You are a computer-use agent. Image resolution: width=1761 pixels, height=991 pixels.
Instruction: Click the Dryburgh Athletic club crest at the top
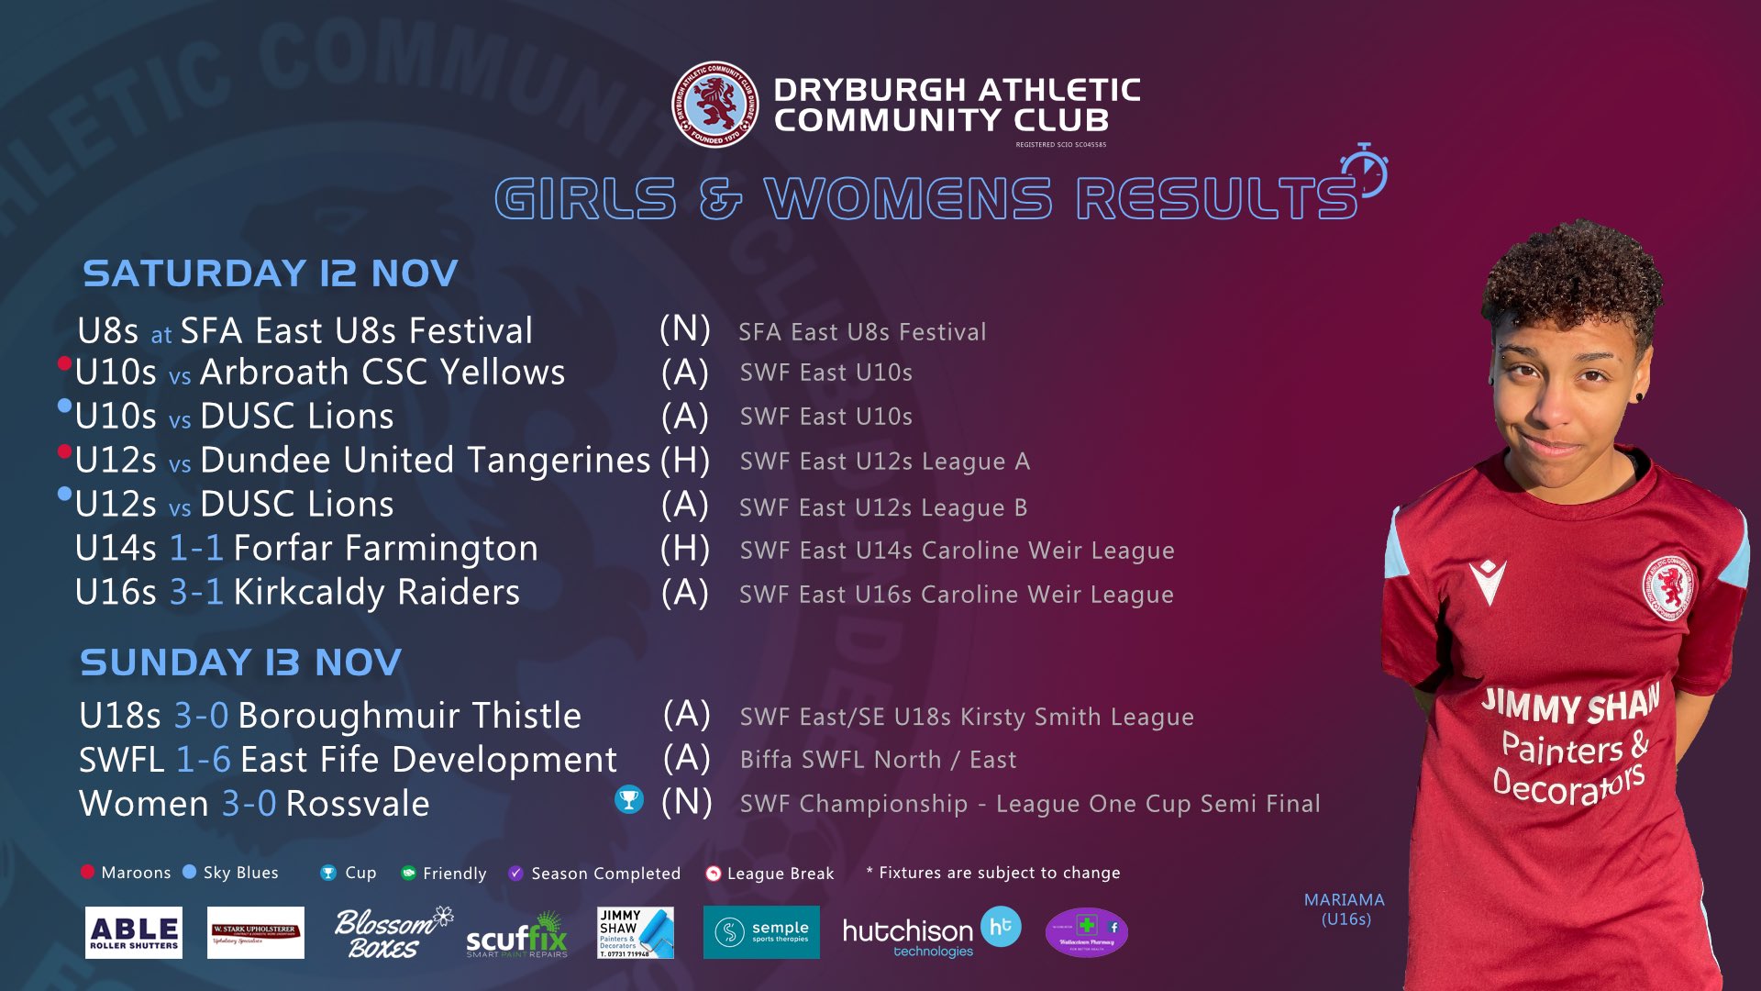click(x=714, y=105)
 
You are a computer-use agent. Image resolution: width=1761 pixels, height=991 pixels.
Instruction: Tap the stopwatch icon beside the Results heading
click(x=1365, y=171)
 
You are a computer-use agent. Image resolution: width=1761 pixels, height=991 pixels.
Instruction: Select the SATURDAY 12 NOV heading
click(x=271, y=273)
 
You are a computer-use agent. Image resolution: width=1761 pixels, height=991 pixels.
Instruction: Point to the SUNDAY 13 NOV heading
click(x=240, y=663)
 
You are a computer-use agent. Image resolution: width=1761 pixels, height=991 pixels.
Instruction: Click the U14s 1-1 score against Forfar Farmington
click(x=196, y=549)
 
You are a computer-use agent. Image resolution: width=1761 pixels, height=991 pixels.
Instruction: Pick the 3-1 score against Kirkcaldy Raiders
click(x=196, y=593)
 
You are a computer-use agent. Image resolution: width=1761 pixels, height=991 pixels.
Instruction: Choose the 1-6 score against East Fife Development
click(x=203, y=760)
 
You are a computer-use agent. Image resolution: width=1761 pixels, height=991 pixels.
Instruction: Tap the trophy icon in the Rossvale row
click(x=629, y=800)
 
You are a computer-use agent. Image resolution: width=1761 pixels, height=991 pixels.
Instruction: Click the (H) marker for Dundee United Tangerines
click(x=685, y=461)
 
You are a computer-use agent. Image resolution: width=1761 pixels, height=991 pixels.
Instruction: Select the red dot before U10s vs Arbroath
click(x=64, y=363)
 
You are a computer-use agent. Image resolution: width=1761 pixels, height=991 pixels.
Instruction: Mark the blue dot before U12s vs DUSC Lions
click(x=64, y=495)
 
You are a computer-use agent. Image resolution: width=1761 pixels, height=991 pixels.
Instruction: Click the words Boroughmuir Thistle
click(x=409, y=716)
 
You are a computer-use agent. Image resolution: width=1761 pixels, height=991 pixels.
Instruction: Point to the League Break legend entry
click(x=770, y=874)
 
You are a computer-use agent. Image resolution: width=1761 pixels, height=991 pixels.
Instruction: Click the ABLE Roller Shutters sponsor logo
click(x=134, y=933)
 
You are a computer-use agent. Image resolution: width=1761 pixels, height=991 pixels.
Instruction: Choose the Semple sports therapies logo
click(x=761, y=932)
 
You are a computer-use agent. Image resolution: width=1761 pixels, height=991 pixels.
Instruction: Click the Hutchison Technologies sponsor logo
click(x=930, y=933)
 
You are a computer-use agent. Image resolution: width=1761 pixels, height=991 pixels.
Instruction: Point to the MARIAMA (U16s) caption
click(x=1345, y=909)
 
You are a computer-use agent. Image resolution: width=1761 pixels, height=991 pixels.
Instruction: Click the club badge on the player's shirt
click(x=1667, y=587)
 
